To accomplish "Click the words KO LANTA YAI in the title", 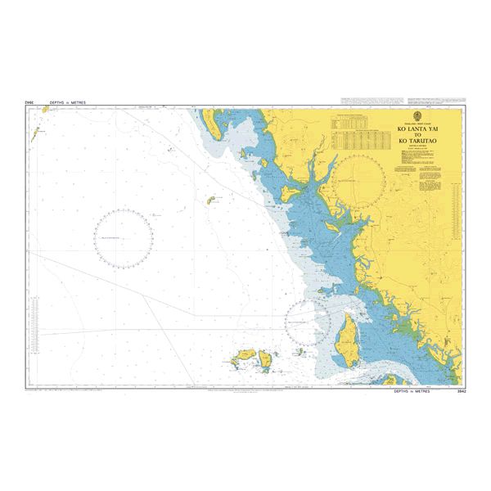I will point(417,129).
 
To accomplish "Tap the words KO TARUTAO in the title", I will point(417,141).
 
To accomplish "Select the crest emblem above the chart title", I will point(417,115).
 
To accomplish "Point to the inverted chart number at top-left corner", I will point(29,103).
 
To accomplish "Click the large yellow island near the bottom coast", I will point(346,336).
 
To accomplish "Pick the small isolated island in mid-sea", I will point(210,200).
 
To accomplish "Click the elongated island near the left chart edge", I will point(35,137).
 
